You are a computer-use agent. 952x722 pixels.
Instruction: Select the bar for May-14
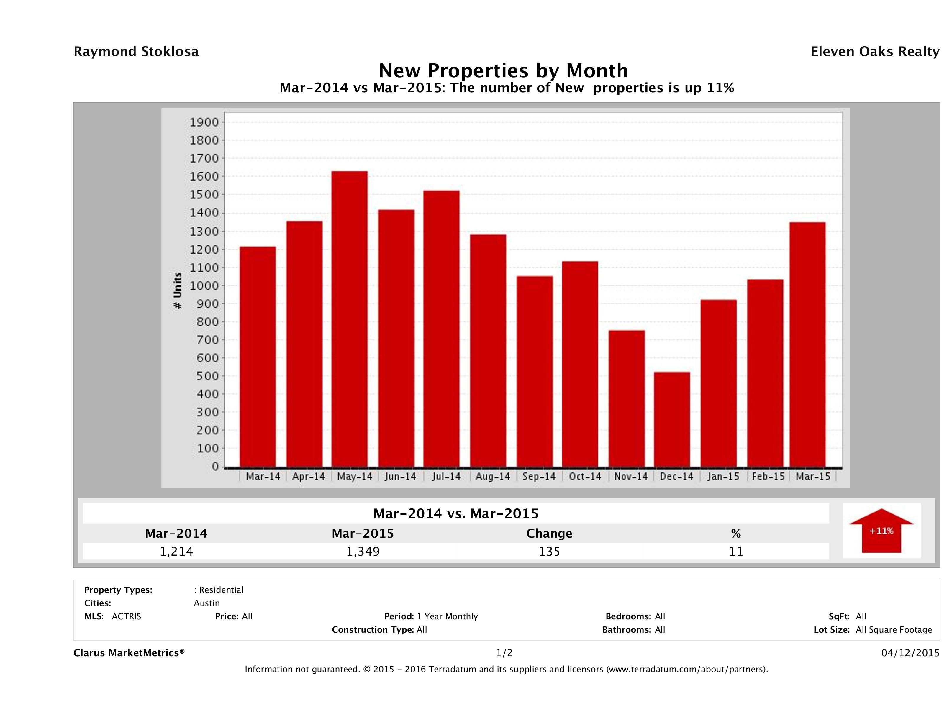click(x=350, y=319)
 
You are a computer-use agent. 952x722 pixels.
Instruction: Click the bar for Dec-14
click(x=672, y=419)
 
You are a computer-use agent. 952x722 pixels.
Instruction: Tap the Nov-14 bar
click(x=627, y=398)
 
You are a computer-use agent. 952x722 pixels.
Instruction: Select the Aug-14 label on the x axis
click(x=492, y=477)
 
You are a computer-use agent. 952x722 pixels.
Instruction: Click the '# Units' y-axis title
click(x=177, y=291)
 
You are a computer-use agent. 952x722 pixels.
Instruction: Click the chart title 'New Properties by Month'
click(x=503, y=70)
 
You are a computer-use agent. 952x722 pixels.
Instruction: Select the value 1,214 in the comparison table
click(x=176, y=551)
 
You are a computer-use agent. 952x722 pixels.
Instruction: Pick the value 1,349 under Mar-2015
click(x=363, y=551)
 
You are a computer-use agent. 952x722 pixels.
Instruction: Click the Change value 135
click(x=549, y=551)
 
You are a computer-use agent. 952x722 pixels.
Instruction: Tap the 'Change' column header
click(x=549, y=534)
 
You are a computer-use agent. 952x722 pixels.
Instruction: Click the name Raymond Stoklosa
click(x=136, y=52)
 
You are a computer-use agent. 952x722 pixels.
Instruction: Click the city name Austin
click(x=207, y=603)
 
